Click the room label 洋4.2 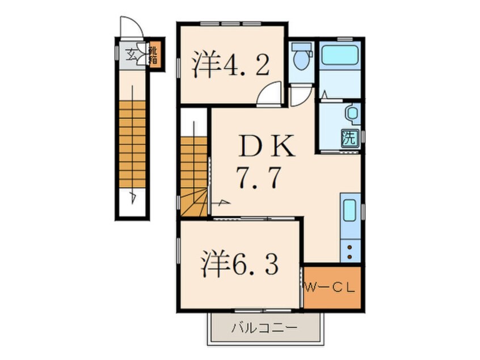pos(229,66)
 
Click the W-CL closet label pos(331,288)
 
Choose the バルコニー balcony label pos(264,328)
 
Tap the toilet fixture pos(300,57)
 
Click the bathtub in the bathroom pos(340,56)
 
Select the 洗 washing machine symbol pos(349,137)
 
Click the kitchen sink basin pos(349,211)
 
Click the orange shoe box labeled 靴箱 pos(153,56)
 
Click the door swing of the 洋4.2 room pos(270,94)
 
